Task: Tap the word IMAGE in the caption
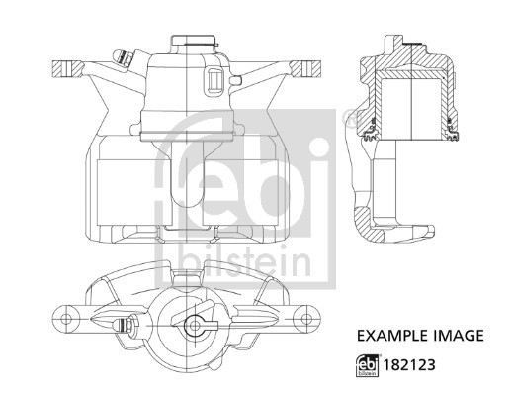[457, 336]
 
